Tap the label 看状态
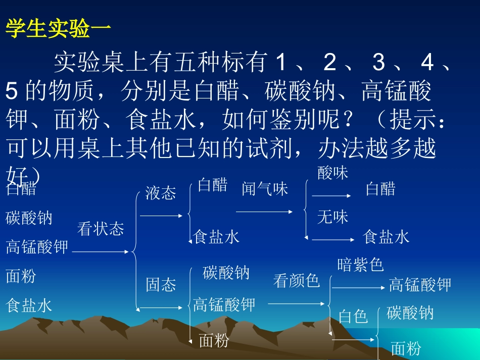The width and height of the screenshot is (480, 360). coord(101,229)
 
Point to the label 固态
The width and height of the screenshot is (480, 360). coord(161,285)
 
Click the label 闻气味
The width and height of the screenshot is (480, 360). coord(265,188)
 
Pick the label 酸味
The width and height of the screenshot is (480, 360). coord(333,173)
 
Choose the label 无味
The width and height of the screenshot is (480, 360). coord(333,217)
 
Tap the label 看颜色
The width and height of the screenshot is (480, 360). coord(297,280)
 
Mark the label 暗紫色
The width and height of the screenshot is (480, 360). coord(360,264)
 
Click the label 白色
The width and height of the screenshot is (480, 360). coord(353,316)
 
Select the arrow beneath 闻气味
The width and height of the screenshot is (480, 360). coord(265,212)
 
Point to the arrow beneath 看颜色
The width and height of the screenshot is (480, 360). coord(297,303)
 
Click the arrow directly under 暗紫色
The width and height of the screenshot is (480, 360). coord(358,288)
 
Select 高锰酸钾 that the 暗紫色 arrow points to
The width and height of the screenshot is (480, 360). coord(420,285)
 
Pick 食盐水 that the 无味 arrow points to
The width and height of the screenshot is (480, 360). coord(386,237)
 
